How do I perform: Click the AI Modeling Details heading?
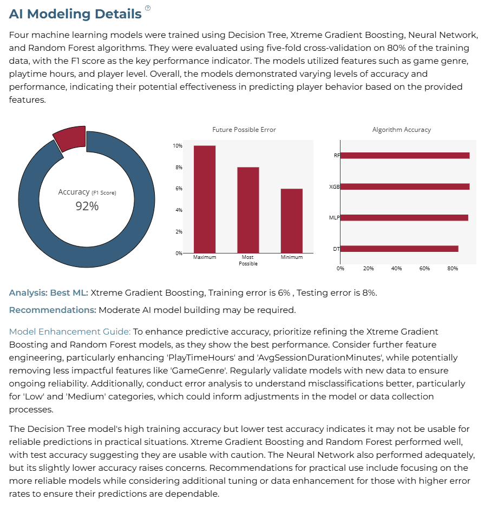click(x=75, y=14)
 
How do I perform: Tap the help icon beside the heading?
click(x=148, y=8)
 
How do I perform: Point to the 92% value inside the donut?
click(x=87, y=206)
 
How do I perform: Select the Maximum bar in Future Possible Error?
click(x=205, y=199)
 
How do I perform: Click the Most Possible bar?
click(x=248, y=210)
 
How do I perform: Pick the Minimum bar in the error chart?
click(x=291, y=221)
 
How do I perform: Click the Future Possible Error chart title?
click(x=244, y=130)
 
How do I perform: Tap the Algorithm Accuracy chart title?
click(x=401, y=130)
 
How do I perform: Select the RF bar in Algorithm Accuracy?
click(x=405, y=156)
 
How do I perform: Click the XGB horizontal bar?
click(x=405, y=186)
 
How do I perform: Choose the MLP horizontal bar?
click(x=404, y=218)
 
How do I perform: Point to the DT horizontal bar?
click(x=400, y=249)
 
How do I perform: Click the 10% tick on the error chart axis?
click(x=178, y=146)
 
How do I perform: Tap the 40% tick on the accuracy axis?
click(x=396, y=269)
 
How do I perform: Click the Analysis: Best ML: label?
click(x=49, y=292)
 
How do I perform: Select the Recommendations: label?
click(x=53, y=310)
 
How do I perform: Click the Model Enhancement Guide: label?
click(x=70, y=332)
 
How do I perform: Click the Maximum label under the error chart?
click(x=205, y=257)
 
